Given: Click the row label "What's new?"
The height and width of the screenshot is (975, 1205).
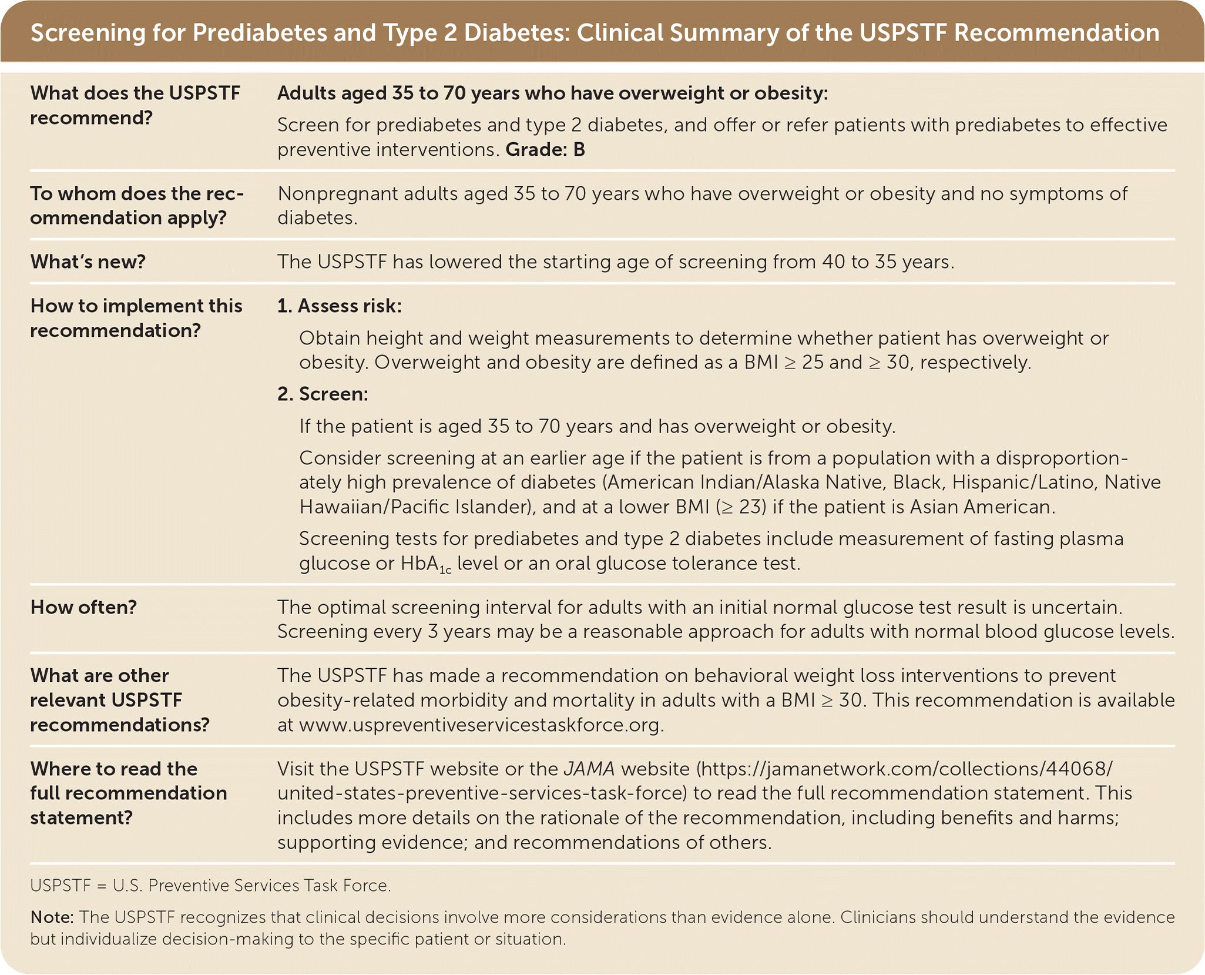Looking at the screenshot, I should pos(88,262).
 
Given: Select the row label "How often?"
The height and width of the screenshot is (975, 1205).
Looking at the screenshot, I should pos(83,607).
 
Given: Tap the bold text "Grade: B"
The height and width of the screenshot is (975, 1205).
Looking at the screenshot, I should pos(545,150).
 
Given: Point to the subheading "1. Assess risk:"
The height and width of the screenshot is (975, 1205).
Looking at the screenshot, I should pos(340,306).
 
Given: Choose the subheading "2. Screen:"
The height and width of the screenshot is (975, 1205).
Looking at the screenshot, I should pos(323,394).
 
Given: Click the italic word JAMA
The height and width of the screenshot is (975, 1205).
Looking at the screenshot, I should pos(589,769).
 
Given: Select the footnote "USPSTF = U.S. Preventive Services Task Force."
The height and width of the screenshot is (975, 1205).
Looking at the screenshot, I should pos(210,886).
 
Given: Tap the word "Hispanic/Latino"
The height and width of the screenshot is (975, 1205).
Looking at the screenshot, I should pos(1025,483).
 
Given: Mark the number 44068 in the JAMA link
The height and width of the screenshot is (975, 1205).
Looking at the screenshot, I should pos(1079,769).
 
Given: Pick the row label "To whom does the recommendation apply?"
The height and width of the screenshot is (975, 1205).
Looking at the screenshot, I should pos(137,206).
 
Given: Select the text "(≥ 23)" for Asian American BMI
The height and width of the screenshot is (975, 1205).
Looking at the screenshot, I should pos(741,507).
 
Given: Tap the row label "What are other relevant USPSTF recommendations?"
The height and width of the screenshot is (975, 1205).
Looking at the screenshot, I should pos(120,700).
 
